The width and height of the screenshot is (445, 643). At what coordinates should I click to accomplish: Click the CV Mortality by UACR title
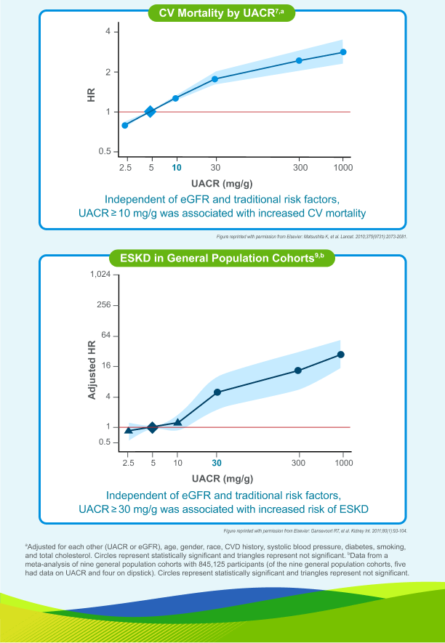tap(221, 12)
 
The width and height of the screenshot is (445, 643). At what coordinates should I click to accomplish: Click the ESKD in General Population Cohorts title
tap(221, 256)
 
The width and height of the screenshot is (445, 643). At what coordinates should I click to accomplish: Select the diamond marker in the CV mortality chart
tap(151, 112)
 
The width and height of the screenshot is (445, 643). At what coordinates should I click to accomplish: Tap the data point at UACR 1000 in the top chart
tap(343, 52)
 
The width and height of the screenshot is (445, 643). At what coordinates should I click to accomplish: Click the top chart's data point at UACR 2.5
tap(125, 125)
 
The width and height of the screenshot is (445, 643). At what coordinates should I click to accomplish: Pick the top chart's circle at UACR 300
tap(299, 60)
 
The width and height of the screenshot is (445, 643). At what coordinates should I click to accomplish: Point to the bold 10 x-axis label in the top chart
tap(177, 167)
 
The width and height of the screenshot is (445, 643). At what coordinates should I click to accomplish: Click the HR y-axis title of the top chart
tap(92, 94)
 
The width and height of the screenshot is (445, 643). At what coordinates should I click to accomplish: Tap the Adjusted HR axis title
tap(92, 370)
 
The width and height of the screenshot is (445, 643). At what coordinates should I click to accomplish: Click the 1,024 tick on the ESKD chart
tap(99, 275)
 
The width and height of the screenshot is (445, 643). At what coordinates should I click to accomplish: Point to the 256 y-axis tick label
tap(103, 305)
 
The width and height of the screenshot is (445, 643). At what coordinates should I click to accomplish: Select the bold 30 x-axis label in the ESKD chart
tap(217, 463)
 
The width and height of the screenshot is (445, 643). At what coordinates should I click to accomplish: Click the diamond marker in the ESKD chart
tap(152, 427)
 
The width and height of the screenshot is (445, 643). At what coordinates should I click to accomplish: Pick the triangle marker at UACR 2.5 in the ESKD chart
tap(129, 430)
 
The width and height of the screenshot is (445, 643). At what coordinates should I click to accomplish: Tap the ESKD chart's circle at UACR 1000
tap(340, 355)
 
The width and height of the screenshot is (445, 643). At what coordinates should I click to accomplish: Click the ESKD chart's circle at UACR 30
tap(217, 392)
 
